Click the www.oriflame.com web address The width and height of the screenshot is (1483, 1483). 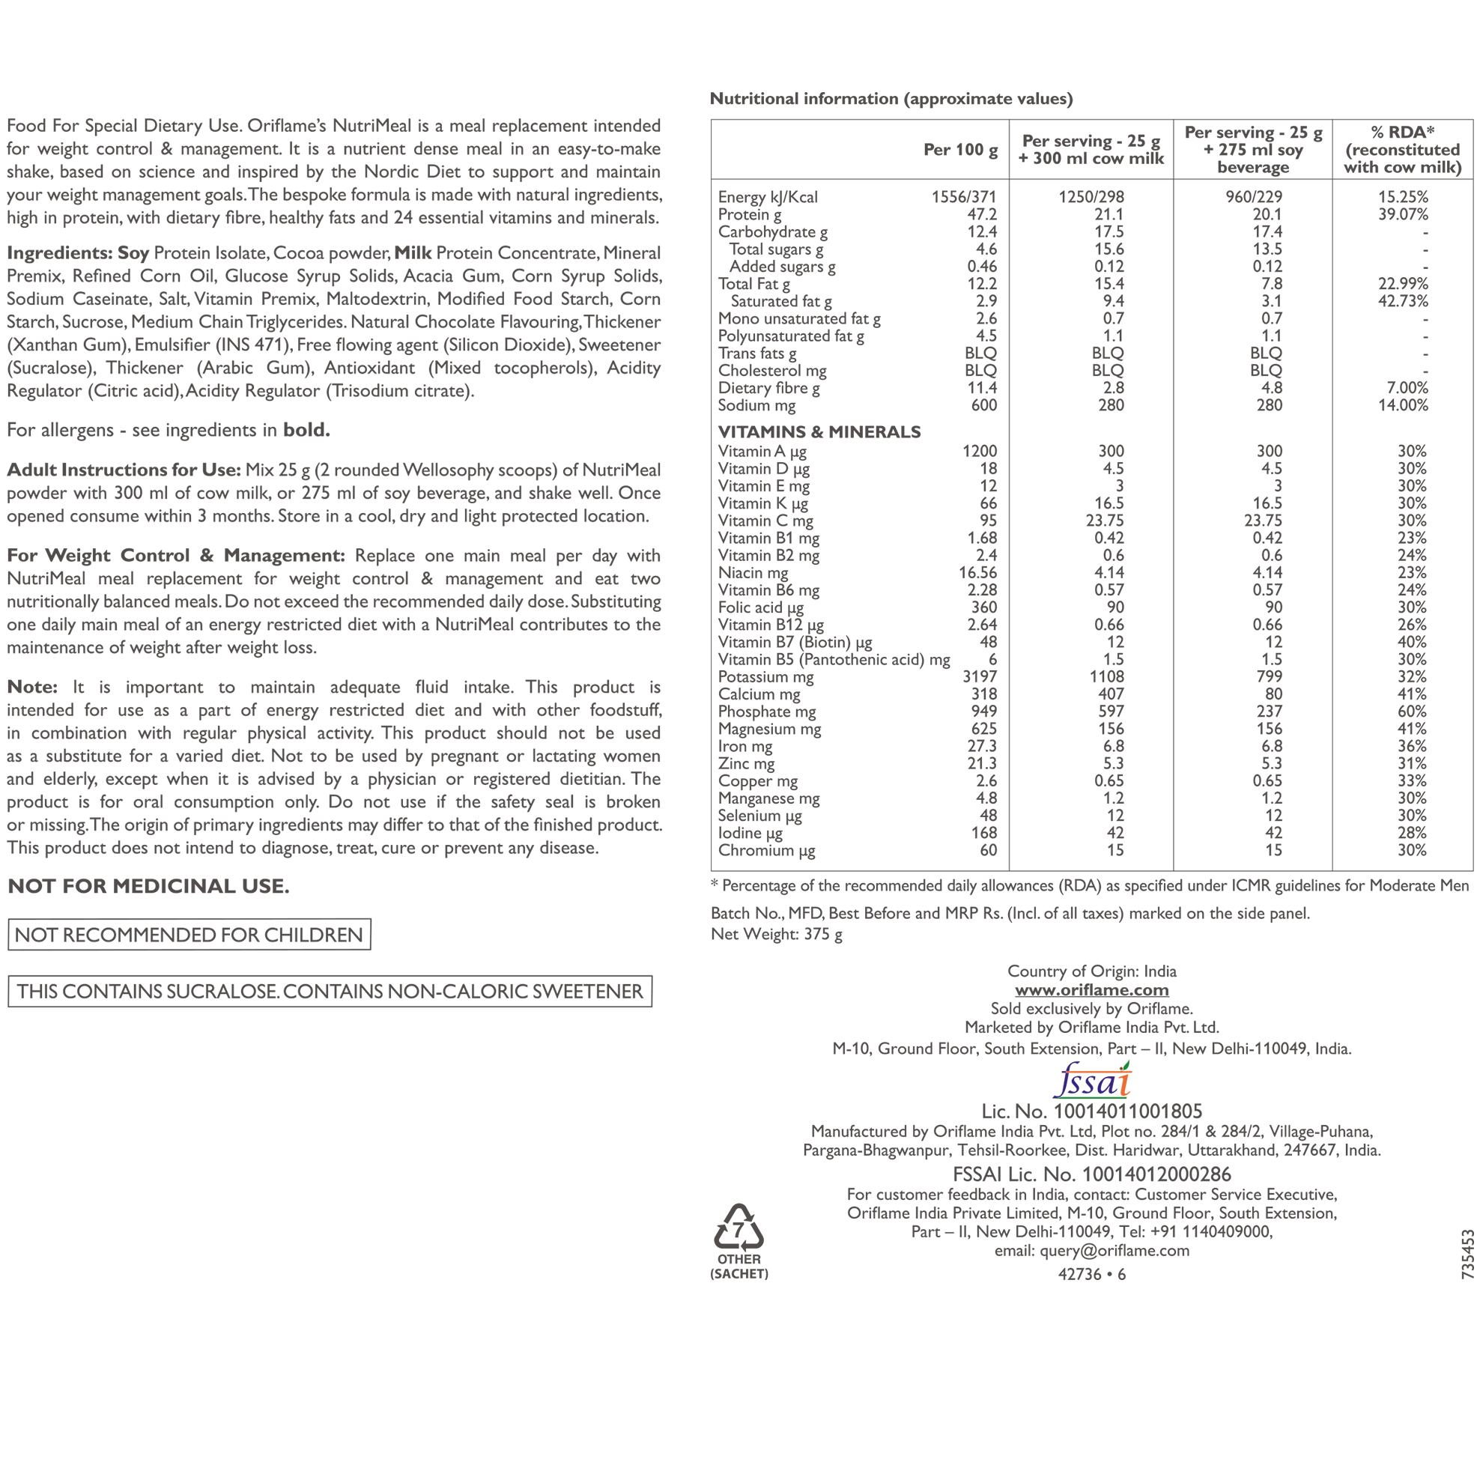[x=1091, y=990]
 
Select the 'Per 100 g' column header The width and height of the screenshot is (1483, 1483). [x=960, y=150]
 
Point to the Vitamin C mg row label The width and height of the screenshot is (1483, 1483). [x=765, y=521]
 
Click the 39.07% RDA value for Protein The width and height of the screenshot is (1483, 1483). [x=1402, y=214]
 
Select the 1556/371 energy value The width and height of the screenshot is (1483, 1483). [x=963, y=196]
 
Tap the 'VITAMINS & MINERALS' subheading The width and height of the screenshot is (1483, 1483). [x=819, y=431]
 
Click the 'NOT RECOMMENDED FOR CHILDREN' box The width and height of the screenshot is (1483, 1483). [x=189, y=934]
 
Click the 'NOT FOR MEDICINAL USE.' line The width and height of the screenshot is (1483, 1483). [x=148, y=886]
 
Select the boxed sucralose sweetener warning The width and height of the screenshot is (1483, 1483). [x=330, y=991]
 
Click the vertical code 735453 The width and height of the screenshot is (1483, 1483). [x=1468, y=1254]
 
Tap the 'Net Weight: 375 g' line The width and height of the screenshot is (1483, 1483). [x=776, y=934]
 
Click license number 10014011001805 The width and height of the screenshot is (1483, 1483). [x=1127, y=1112]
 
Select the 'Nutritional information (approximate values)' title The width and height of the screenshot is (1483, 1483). [x=891, y=98]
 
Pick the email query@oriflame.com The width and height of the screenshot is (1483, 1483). [x=1114, y=1250]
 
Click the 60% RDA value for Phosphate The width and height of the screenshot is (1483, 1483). [x=1412, y=712]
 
